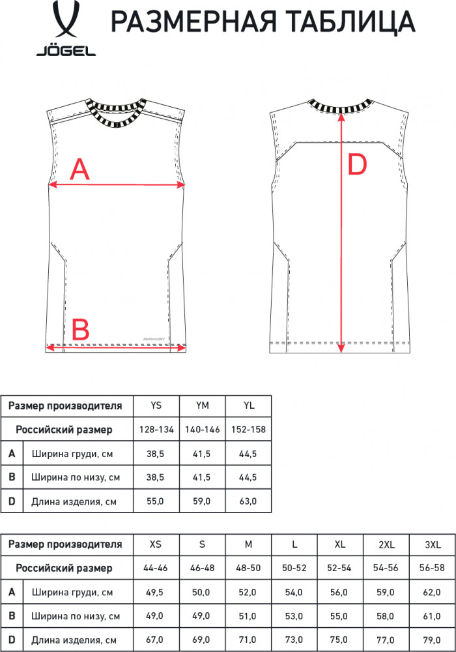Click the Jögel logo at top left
(66, 29)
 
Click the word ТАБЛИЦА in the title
(351, 22)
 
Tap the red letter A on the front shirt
(79, 170)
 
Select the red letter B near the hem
(81, 329)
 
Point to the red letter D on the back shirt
(357, 164)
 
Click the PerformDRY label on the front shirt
(154, 339)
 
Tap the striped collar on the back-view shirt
(341, 106)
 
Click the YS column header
(156, 406)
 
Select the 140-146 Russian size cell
(202, 430)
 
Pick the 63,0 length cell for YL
(248, 501)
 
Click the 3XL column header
(433, 544)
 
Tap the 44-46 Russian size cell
(155, 568)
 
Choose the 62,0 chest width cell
(432, 592)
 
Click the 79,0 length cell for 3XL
(432, 640)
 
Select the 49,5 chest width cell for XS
(154, 592)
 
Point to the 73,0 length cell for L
(294, 640)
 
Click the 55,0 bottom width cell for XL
(339, 616)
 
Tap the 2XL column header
(386, 544)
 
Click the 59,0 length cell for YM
(201, 501)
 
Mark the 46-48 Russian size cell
(202, 568)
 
